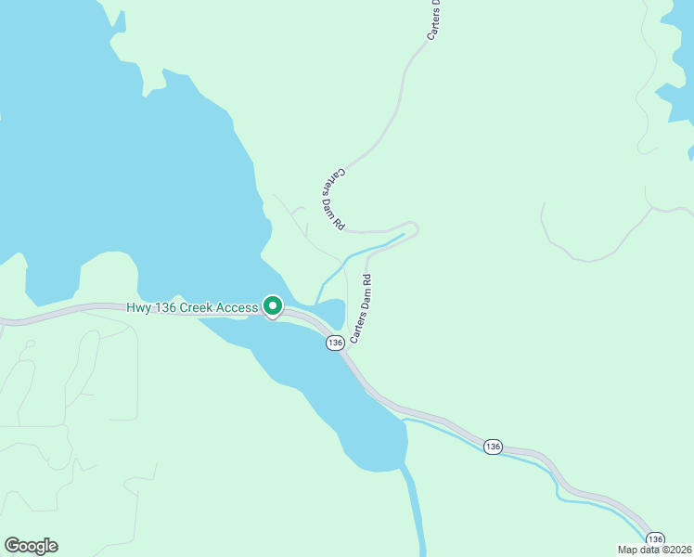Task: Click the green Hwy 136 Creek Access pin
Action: pyautogui.click(x=273, y=305)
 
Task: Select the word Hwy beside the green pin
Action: pyautogui.click(x=139, y=307)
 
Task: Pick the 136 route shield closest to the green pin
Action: pyautogui.click(x=335, y=343)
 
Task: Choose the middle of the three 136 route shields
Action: pyautogui.click(x=492, y=447)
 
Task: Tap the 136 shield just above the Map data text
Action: pyautogui.click(x=655, y=538)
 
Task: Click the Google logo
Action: pyautogui.click(x=31, y=545)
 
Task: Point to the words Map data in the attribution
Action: pyautogui.click(x=638, y=550)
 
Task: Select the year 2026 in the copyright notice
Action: pyautogui.click(x=679, y=550)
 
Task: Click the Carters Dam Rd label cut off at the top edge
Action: pyautogui.click(x=433, y=19)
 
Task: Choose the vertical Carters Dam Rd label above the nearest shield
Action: pyautogui.click(x=360, y=309)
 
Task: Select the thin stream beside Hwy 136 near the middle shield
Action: pyautogui.click(x=445, y=428)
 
